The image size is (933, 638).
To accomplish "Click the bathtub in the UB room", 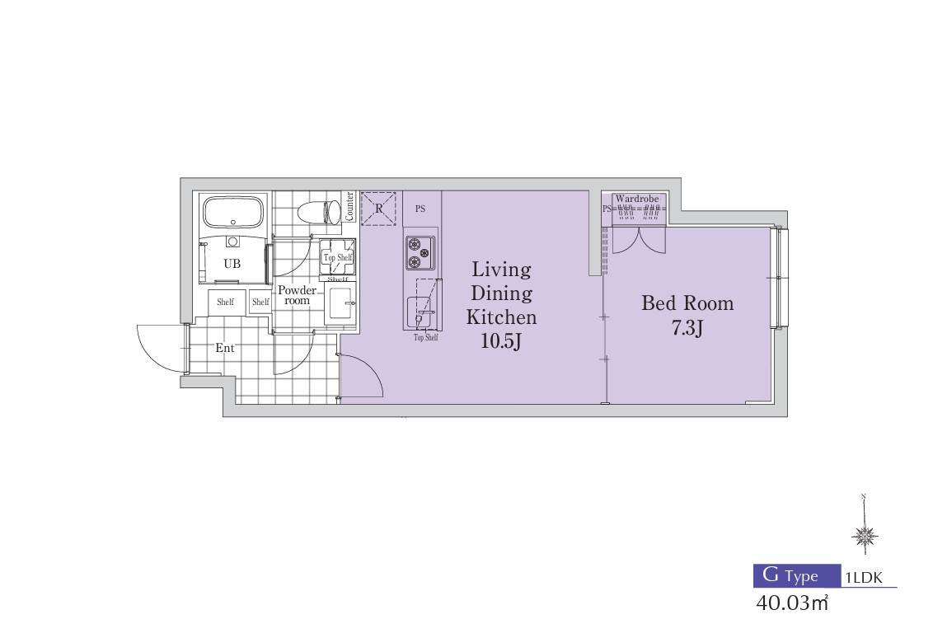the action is [x=233, y=213].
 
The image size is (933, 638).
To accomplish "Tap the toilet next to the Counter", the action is [x=319, y=212].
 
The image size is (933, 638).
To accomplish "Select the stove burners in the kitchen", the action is [x=420, y=253].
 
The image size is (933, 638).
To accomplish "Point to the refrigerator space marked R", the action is [x=379, y=209].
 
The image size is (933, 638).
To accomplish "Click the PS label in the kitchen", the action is [x=420, y=209].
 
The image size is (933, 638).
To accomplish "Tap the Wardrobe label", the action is [x=636, y=198].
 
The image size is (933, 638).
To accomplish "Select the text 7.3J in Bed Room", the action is [x=687, y=328].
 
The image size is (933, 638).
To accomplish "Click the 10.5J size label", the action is [x=501, y=341].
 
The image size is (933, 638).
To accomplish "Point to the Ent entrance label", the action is [x=224, y=348].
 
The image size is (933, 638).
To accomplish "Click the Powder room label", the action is [x=297, y=295].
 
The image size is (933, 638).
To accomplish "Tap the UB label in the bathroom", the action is [x=232, y=263].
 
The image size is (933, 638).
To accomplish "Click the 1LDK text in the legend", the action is [x=864, y=577].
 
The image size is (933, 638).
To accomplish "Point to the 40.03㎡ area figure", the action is [x=791, y=603].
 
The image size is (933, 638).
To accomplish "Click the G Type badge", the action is [x=797, y=575].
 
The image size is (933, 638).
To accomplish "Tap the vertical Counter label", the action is [x=349, y=206].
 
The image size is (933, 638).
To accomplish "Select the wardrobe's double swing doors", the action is [x=639, y=241].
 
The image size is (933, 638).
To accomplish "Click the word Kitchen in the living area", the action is [x=501, y=317].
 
